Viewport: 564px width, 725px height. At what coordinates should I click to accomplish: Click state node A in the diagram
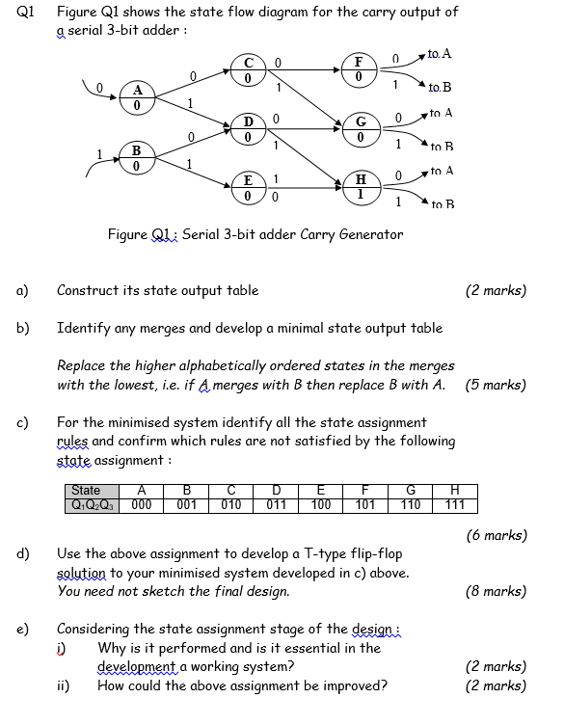pos(136,99)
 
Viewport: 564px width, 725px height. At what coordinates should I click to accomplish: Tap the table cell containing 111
pos(455,503)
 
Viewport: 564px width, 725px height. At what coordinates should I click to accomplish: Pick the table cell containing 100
pos(321,503)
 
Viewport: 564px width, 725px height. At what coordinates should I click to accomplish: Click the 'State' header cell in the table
pos(86,491)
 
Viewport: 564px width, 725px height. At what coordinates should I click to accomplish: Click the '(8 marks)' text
pos(495,591)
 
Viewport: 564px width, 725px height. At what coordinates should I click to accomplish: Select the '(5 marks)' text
pos(495,385)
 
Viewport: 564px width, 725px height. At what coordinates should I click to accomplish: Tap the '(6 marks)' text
pos(495,534)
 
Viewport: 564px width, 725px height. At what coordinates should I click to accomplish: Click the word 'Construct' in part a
pos(86,290)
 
